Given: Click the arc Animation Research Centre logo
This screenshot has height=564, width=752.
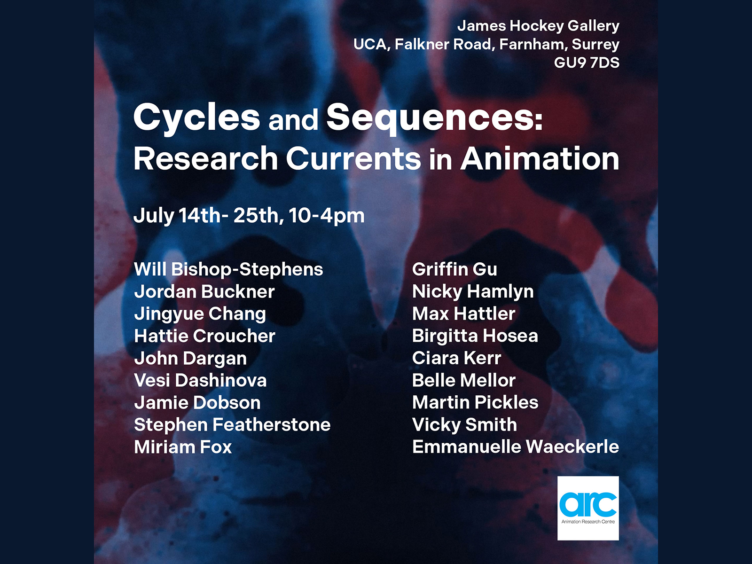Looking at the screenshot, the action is click(x=588, y=508).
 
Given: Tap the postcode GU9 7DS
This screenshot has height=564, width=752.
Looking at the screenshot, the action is click(x=587, y=63).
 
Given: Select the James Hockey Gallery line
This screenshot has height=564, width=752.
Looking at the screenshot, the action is click(x=538, y=26).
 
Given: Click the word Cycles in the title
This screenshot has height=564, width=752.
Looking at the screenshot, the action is click(x=196, y=118).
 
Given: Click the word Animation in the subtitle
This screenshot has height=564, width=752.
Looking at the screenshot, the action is click(x=540, y=158).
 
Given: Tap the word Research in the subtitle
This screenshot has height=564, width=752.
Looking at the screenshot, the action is click(x=205, y=158).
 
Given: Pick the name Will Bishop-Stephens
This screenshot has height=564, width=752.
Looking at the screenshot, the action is click(x=228, y=269).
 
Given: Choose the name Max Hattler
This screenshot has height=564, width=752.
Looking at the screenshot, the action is click(x=464, y=313).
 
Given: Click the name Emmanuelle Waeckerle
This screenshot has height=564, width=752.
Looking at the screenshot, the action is click(x=516, y=446).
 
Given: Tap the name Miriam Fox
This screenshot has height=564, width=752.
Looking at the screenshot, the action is click(x=183, y=447).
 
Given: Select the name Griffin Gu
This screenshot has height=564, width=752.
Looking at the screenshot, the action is click(x=454, y=269).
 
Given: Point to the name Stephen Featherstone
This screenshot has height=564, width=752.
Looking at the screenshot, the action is click(x=232, y=425).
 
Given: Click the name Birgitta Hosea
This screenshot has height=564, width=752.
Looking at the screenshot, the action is click(x=475, y=336).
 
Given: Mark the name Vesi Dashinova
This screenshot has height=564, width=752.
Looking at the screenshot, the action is click(x=200, y=380).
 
